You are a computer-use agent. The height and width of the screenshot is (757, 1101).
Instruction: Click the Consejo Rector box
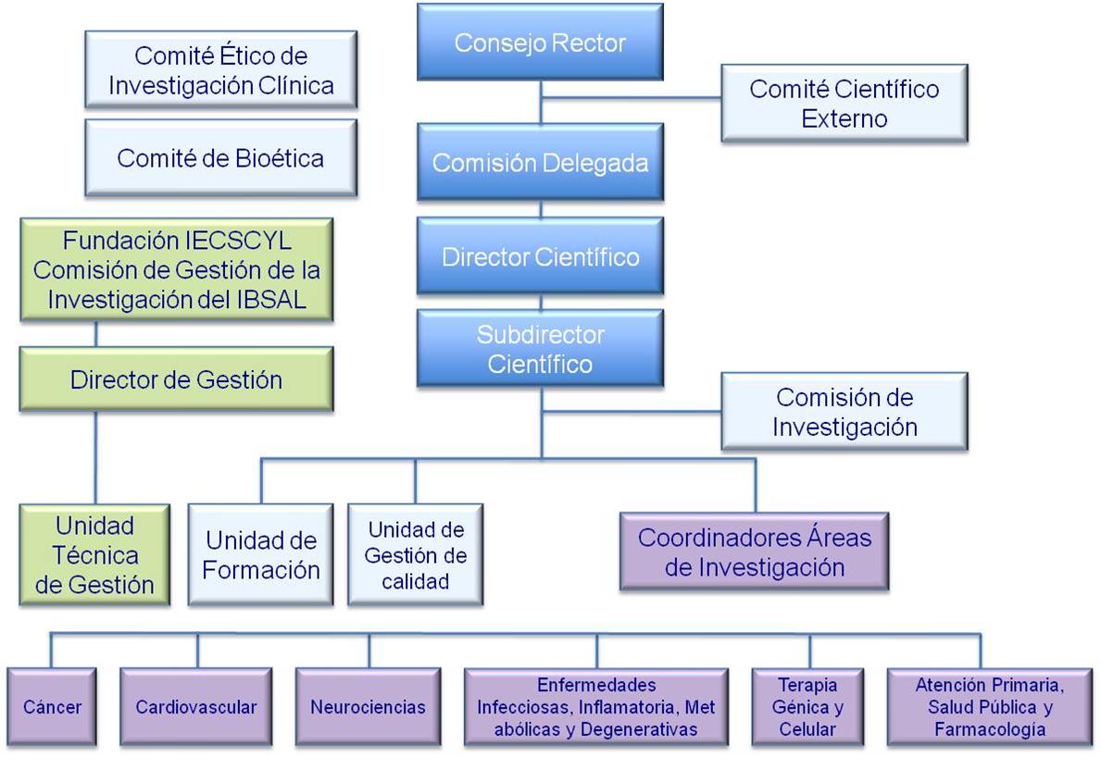coord(540,43)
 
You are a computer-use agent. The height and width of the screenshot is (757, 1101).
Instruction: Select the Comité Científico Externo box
coord(844,103)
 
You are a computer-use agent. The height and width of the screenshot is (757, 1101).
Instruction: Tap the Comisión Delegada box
coord(540,164)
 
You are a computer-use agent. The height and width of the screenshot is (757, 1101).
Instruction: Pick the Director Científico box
coord(540,256)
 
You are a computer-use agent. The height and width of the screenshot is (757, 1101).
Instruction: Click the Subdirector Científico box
coord(540,349)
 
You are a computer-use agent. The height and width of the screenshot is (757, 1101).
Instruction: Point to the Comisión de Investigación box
coord(844,412)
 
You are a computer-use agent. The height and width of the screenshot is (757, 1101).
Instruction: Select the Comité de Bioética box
coord(220,158)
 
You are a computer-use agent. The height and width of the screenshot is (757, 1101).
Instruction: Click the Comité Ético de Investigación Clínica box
coord(220,71)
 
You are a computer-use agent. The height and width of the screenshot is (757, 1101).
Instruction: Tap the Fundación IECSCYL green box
coord(176,269)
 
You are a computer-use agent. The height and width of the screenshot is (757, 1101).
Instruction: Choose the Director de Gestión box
coord(176,379)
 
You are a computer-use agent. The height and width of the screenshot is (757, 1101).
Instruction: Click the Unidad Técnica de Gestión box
coord(94,555)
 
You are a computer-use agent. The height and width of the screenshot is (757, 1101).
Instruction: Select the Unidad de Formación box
coord(260,554)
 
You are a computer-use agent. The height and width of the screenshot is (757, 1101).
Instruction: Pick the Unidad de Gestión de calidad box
coord(416,555)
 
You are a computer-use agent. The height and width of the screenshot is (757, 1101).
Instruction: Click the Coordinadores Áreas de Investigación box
coord(754,552)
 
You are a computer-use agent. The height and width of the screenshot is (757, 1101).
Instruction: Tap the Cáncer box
coord(53,707)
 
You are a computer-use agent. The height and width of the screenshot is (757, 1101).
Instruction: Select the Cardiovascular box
coord(196,707)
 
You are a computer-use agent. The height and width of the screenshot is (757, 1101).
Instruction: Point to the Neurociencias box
coord(369,707)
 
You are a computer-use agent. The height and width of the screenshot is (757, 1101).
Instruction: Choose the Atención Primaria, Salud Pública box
coord(989,707)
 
